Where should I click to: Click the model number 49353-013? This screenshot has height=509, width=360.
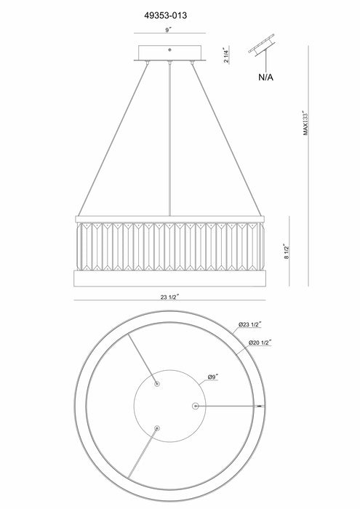coord(166,15)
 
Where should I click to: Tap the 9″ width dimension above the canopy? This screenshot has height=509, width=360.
coord(168,30)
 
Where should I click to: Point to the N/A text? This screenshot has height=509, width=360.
coord(266,77)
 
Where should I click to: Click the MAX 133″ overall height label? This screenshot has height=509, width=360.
coord(305,122)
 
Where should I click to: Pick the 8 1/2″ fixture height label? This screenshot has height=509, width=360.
coord(287,252)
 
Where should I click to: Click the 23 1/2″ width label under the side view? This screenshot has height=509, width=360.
coord(169,297)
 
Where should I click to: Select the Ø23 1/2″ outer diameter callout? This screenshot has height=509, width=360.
coord(250,324)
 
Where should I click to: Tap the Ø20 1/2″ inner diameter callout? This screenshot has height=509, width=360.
coord(260,342)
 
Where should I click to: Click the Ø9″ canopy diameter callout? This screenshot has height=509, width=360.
coord(213,377)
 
